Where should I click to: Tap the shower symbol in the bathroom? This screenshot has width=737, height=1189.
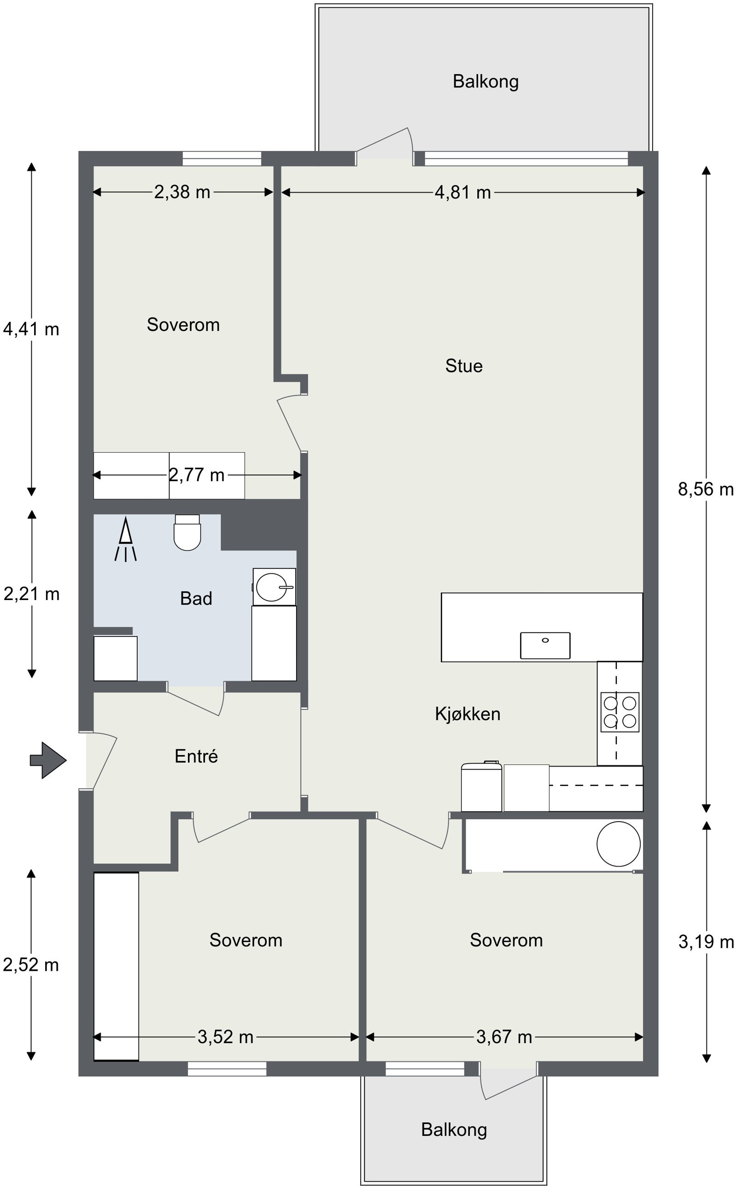126,539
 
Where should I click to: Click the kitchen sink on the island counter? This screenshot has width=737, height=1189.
545,645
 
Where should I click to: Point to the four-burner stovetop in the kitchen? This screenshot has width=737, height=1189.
620,712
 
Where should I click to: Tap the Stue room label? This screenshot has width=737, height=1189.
463,366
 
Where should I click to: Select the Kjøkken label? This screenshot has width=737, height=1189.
468,714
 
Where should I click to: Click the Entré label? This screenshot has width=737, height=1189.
196,756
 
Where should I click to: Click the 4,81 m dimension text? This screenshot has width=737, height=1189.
462,192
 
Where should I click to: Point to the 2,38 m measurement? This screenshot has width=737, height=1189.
182,192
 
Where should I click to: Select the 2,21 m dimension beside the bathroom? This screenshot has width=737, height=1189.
32,594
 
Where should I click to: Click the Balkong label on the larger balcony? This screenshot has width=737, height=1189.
485,82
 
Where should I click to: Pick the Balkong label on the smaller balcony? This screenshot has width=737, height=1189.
454,1130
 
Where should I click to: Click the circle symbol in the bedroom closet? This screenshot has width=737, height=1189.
619,844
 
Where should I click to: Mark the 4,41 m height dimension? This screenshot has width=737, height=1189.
31,329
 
